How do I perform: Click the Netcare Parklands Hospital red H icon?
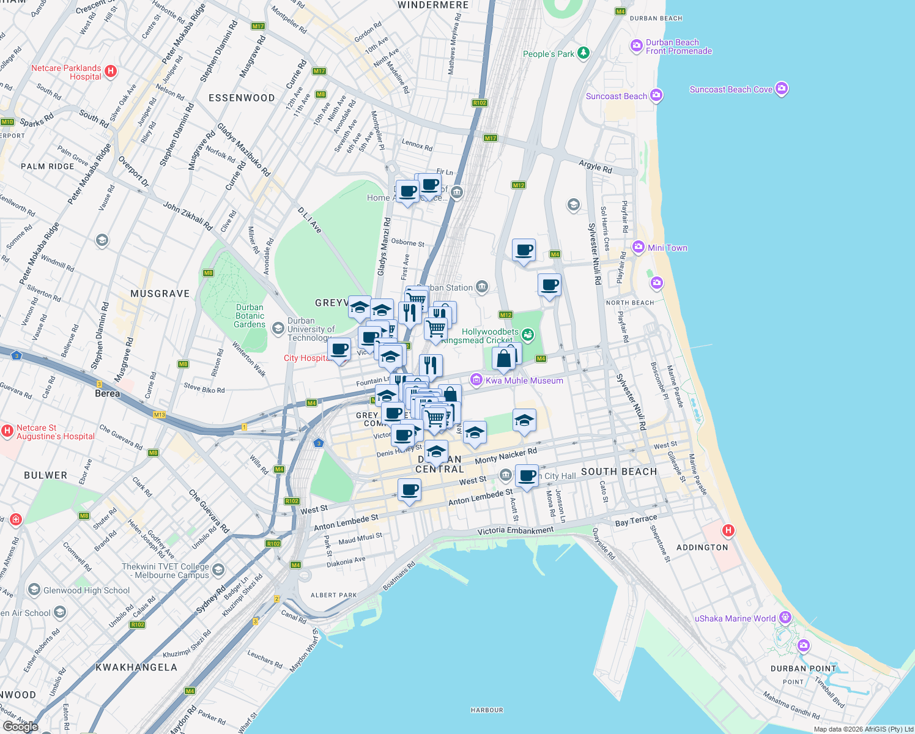[111, 71]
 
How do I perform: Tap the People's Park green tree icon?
[583, 53]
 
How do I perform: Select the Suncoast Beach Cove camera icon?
[781, 89]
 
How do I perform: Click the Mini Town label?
[667, 248]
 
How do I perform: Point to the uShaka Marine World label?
[735, 618]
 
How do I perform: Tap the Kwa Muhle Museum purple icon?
[476, 380]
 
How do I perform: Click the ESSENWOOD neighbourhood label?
[242, 98]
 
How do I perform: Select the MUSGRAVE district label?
[160, 294]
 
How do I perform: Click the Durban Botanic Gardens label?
[250, 316]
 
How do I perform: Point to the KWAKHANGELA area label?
[136, 667]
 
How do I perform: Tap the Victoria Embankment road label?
[515, 530]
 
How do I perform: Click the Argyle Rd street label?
[595, 166]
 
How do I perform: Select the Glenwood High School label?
[86, 590]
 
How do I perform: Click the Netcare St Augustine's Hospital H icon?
[7, 431]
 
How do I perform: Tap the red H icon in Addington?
[728, 530]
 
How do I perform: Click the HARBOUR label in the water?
[487, 710]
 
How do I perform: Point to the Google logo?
[20, 726]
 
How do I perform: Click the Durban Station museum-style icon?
[482, 286]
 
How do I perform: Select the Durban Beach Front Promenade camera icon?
[637, 46]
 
